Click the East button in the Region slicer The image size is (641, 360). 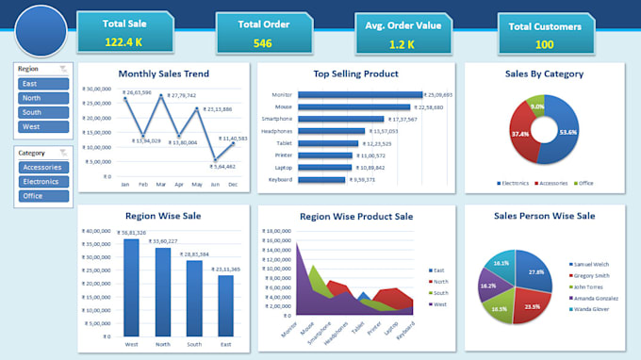click(43, 84)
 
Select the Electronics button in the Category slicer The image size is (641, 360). click(43, 182)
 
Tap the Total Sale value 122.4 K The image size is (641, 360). click(124, 42)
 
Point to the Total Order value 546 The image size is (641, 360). click(262, 43)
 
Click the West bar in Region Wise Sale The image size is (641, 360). click(131, 287)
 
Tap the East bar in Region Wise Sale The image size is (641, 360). click(225, 304)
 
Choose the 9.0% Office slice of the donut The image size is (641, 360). click(535, 106)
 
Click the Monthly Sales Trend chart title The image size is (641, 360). click(164, 74)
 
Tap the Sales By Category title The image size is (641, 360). click(545, 74)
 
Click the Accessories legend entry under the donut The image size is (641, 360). click(551, 183)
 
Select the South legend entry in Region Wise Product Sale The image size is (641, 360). click(440, 292)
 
